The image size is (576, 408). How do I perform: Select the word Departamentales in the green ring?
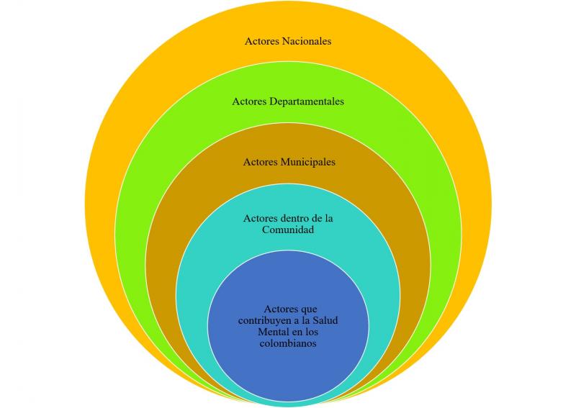(307, 101)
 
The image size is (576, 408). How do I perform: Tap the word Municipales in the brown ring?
(305, 162)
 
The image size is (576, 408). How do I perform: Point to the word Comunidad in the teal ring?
(288, 230)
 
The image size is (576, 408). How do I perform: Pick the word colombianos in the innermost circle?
(288, 344)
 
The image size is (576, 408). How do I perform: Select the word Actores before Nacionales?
(262, 41)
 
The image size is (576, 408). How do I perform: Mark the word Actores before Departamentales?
(249, 101)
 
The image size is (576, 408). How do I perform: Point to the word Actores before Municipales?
(261, 162)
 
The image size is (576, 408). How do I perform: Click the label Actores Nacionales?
(288, 41)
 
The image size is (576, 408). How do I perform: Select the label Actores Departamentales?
(288, 101)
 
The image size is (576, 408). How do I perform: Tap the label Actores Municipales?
(289, 162)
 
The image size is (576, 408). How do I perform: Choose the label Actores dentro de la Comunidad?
(288, 224)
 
